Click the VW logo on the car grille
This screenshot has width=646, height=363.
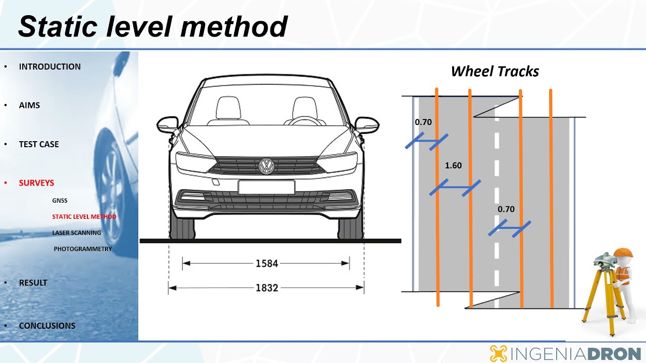[x=266, y=166]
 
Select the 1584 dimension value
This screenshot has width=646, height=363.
[x=267, y=263]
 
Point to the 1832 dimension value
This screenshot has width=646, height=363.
[x=267, y=288]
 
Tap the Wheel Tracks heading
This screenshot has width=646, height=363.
[x=495, y=72]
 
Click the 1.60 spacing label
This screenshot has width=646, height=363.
[x=453, y=165]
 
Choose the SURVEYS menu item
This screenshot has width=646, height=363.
[x=36, y=183]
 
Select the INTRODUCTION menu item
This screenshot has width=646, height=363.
[x=49, y=67]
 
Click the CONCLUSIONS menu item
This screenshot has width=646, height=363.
[x=47, y=326]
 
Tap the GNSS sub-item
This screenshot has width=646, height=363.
[x=60, y=201]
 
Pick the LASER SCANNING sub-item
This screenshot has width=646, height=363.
[x=76, y=233]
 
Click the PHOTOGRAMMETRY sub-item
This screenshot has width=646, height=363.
[x=83, y=249]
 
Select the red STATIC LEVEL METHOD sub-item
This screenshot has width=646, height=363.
[x=84, y=217]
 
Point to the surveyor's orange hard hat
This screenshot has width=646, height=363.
[x=623, y=253]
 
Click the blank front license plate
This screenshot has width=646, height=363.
[x=266, y=187]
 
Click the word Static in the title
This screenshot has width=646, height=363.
[x=58, y=27]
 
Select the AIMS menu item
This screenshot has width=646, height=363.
[x=29, y=105]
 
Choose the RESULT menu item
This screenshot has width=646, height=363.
[x=33, y=283]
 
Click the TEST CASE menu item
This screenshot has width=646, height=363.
[x=39, y=144]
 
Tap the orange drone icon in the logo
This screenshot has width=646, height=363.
[x=498, y=353]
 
